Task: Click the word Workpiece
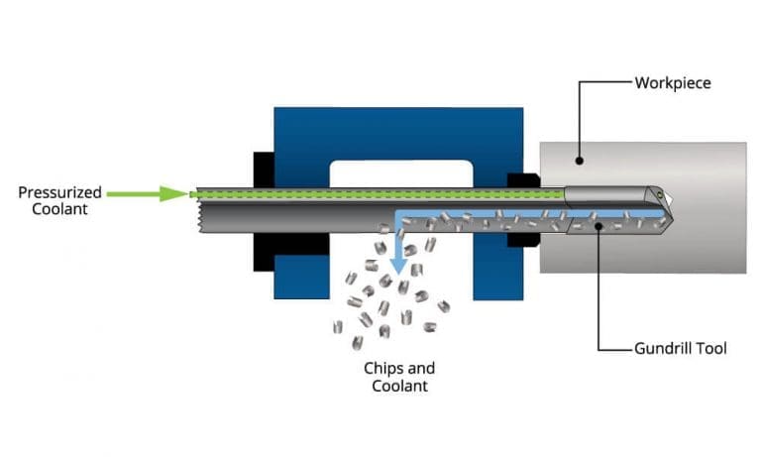(x=674, y=82)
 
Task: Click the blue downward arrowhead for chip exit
(x=398, y=265)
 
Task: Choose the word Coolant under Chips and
(x=399, y=386)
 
